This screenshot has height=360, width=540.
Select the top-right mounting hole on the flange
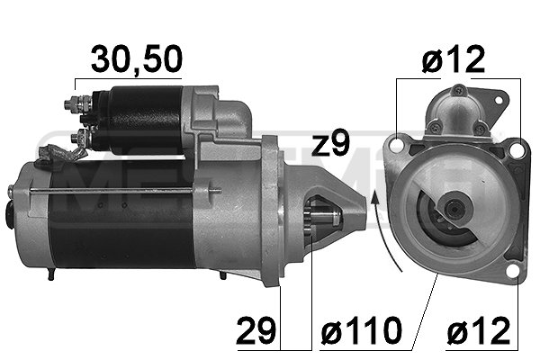517,148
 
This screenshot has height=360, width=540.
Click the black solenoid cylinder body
135,117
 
